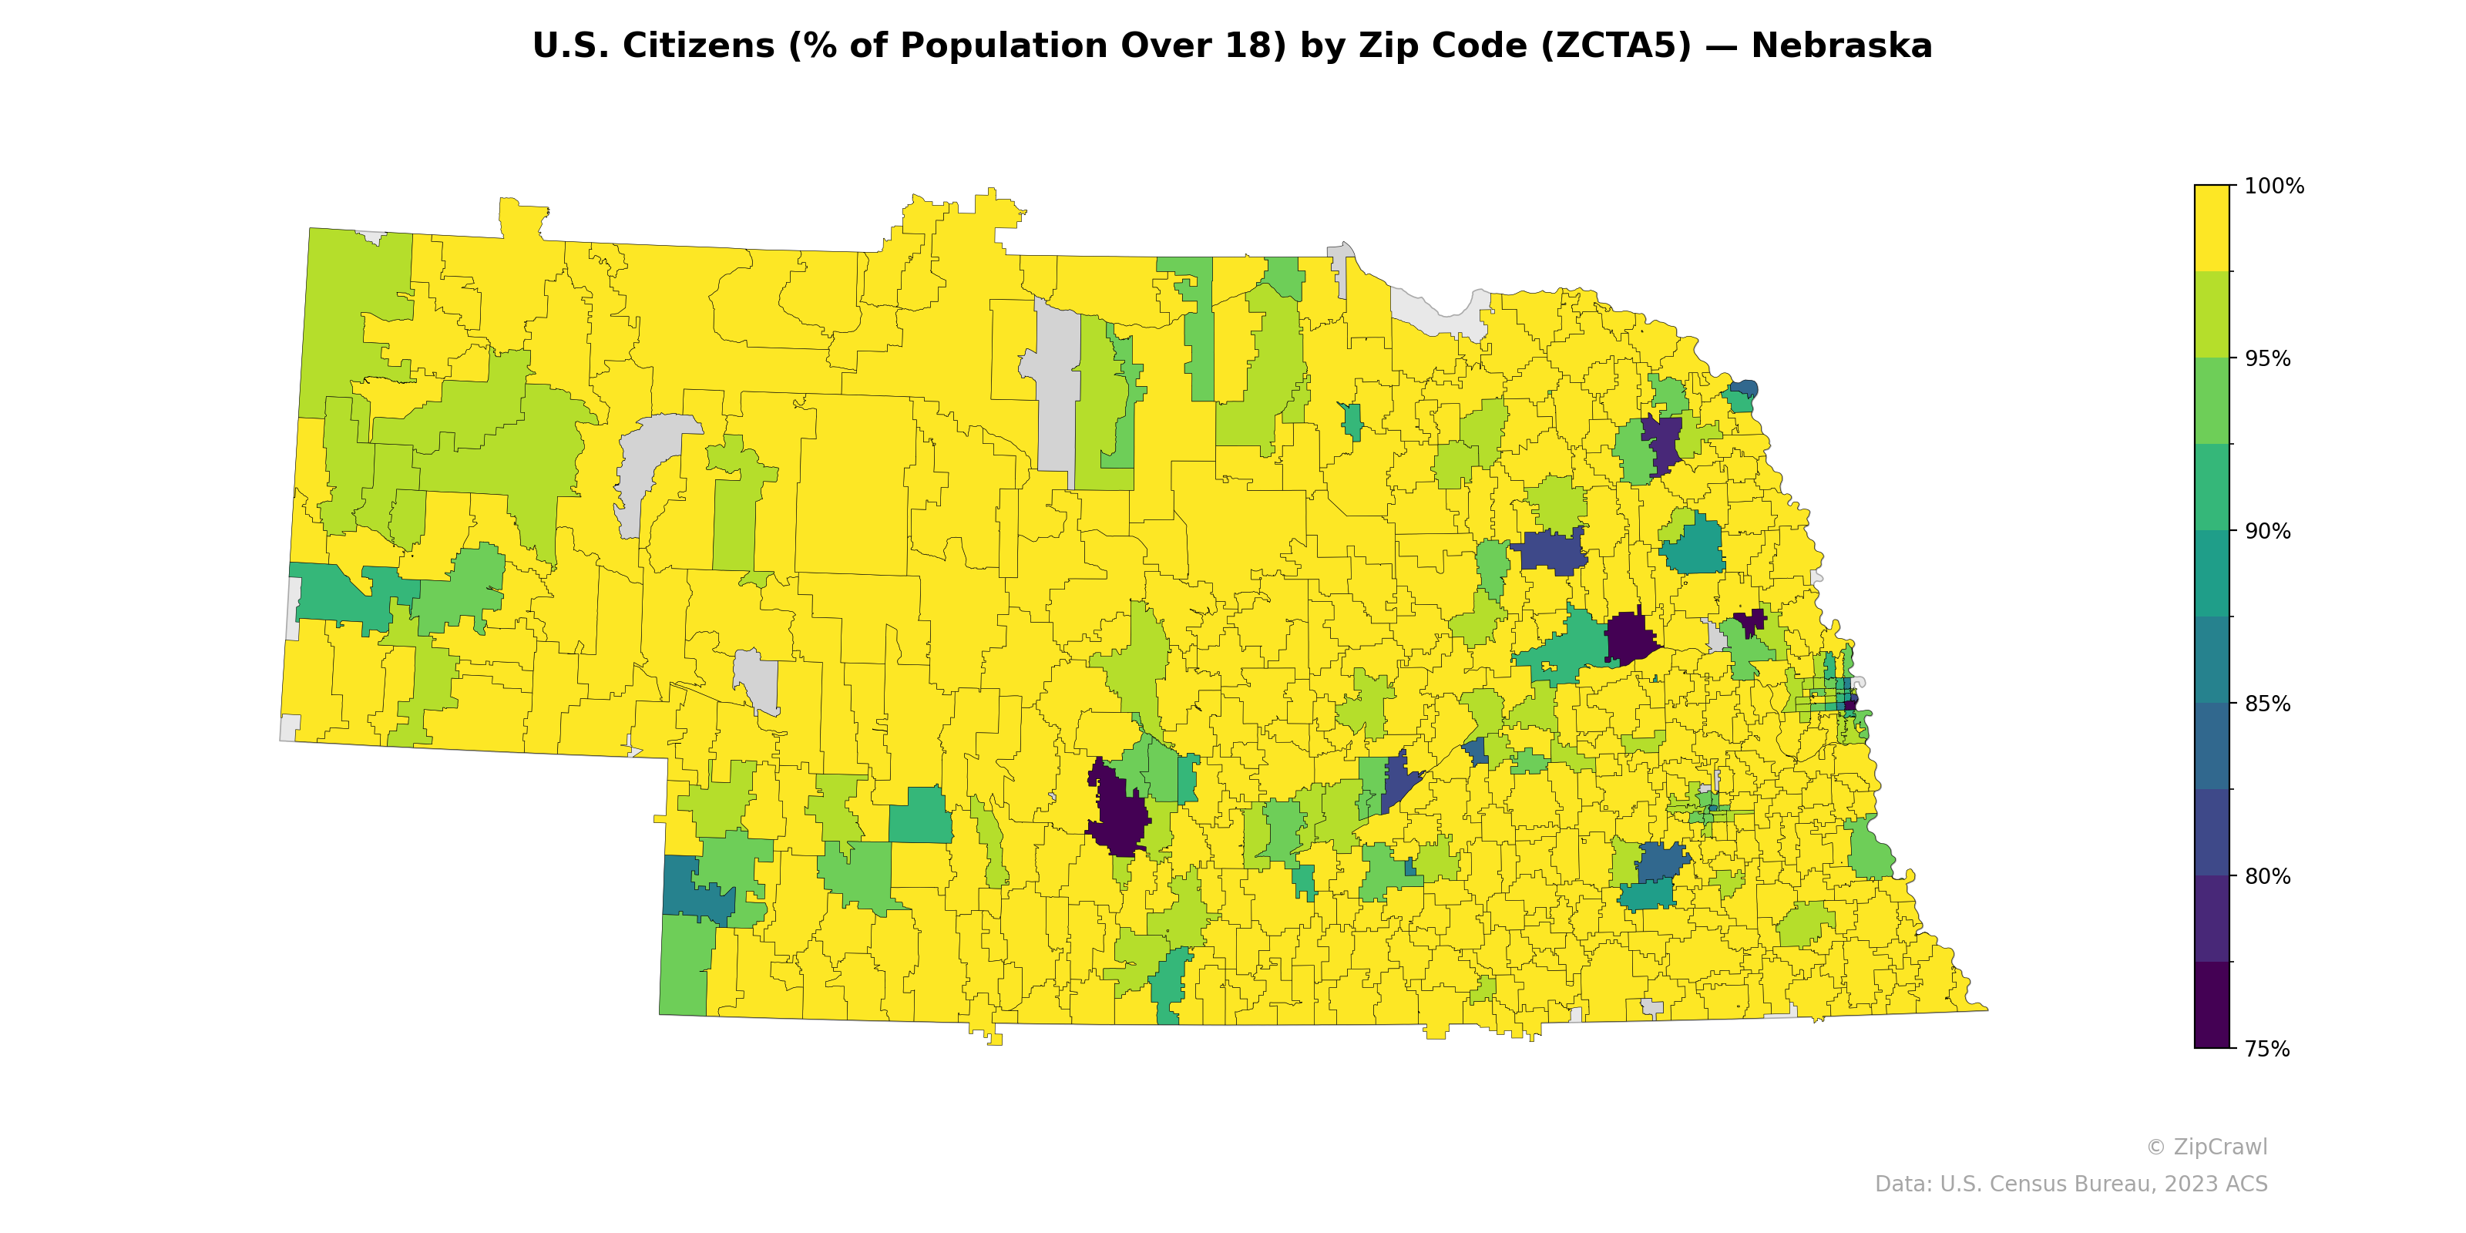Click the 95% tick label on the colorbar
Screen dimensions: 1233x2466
pos(2268,359)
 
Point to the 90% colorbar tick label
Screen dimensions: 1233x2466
pos(2268,531)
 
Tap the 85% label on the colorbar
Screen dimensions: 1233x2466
pos(2268,704)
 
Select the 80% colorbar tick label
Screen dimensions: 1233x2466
pos(2268,876)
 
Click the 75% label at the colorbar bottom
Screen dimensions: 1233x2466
pos(2268,1049)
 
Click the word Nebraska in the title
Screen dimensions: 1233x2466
pos(1841,46)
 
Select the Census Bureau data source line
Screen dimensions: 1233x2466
pos(2071,1184)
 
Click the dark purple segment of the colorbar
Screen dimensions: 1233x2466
pos(2212,1005)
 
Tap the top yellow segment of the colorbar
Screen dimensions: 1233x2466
pos(2212,228)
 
